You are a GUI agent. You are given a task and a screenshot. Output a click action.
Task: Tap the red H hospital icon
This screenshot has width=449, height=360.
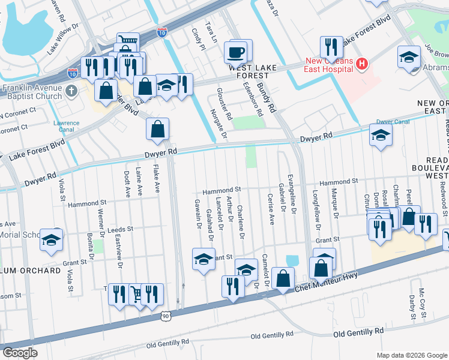click(x=362, y=63)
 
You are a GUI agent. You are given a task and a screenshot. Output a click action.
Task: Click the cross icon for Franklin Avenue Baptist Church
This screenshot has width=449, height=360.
click(x=71, y=92)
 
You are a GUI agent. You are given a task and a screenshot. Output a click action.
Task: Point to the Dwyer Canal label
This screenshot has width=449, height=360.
click(x=393, y=122)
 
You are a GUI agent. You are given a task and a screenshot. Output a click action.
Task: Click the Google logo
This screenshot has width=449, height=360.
click(x=20, y=352)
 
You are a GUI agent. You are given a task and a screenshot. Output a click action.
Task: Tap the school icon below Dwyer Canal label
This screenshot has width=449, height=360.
click(x=381, y=136)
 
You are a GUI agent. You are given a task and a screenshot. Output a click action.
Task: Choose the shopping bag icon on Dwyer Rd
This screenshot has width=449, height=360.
click(x=157, y=129)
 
